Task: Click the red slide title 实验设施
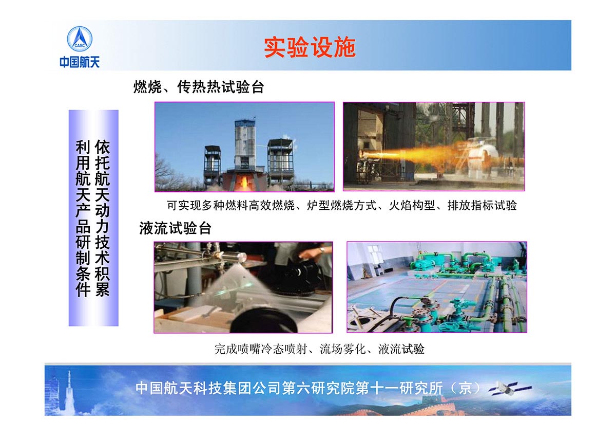(x=310, y=47)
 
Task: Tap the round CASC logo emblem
(x=80, y=39)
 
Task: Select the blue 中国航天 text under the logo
(x=80, y=62)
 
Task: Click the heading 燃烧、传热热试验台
(x=199, y=87)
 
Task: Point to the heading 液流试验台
(x=175, y=228)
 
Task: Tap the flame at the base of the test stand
(x=243, y=182)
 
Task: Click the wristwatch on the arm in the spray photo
(x=322, y=250)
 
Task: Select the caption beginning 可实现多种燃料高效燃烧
(x=342, y=206)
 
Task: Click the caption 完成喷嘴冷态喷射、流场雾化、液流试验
(x=319, y=349)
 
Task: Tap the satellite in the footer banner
(x=510, y=389)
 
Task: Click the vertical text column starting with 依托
(x=102, y=218)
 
